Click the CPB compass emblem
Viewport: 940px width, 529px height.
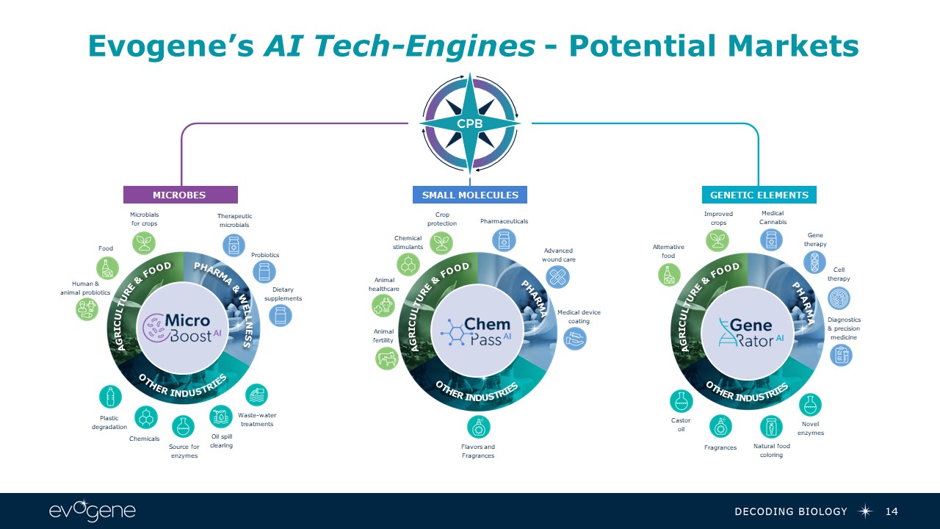470,123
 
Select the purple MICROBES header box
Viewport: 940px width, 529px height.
180,195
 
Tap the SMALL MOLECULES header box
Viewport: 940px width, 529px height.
470,195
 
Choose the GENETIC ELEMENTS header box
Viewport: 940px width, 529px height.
759,195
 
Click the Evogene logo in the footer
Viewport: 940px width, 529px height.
92,511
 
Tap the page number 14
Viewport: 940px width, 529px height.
892,511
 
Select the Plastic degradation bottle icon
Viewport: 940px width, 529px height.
110,397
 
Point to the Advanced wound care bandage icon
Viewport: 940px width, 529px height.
558,277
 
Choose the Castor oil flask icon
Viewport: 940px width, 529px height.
681,401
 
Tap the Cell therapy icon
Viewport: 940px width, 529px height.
839,298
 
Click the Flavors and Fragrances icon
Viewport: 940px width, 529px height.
478,427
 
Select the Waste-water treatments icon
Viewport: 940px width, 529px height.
256,396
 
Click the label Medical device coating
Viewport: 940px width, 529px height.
579,317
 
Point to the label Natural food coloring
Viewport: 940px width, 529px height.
771,450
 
